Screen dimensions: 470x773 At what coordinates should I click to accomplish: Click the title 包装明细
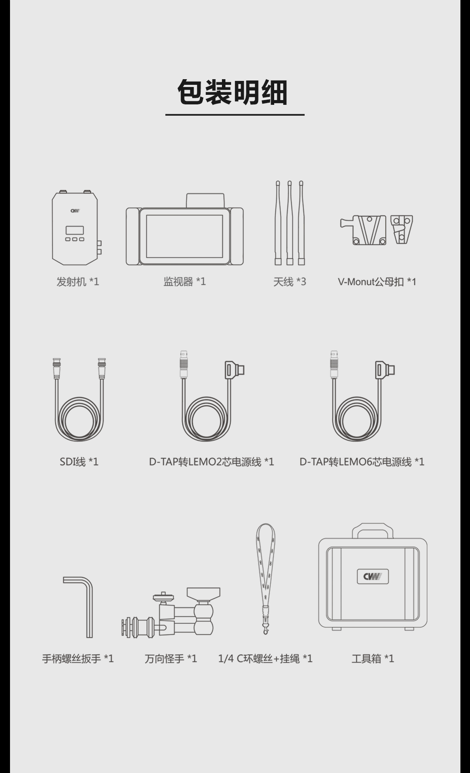232,93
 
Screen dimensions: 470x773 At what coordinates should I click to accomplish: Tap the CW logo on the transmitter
75,211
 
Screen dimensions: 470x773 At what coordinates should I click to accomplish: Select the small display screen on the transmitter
75,230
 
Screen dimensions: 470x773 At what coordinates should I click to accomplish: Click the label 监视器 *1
185,282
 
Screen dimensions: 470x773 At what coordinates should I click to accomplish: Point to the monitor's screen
185,236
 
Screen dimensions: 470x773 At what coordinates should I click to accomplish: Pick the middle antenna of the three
289,223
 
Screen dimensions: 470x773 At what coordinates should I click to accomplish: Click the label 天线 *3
289,282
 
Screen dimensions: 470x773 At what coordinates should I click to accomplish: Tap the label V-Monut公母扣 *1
377,282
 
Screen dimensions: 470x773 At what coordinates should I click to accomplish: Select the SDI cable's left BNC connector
57,368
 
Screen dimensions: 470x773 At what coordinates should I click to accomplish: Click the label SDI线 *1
79,462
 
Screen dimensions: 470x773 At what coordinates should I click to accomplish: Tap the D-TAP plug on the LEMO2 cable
234,370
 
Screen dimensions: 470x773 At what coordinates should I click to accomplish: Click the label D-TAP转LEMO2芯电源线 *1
211,462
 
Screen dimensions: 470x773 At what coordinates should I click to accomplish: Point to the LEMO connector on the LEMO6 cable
334,365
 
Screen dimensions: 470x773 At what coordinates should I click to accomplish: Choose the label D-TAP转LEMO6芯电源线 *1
362,462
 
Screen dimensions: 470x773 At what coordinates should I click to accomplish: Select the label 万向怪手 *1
171,659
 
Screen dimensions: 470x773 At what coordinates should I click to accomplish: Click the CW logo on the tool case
373,576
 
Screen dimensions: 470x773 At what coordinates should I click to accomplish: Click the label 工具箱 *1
373,659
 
